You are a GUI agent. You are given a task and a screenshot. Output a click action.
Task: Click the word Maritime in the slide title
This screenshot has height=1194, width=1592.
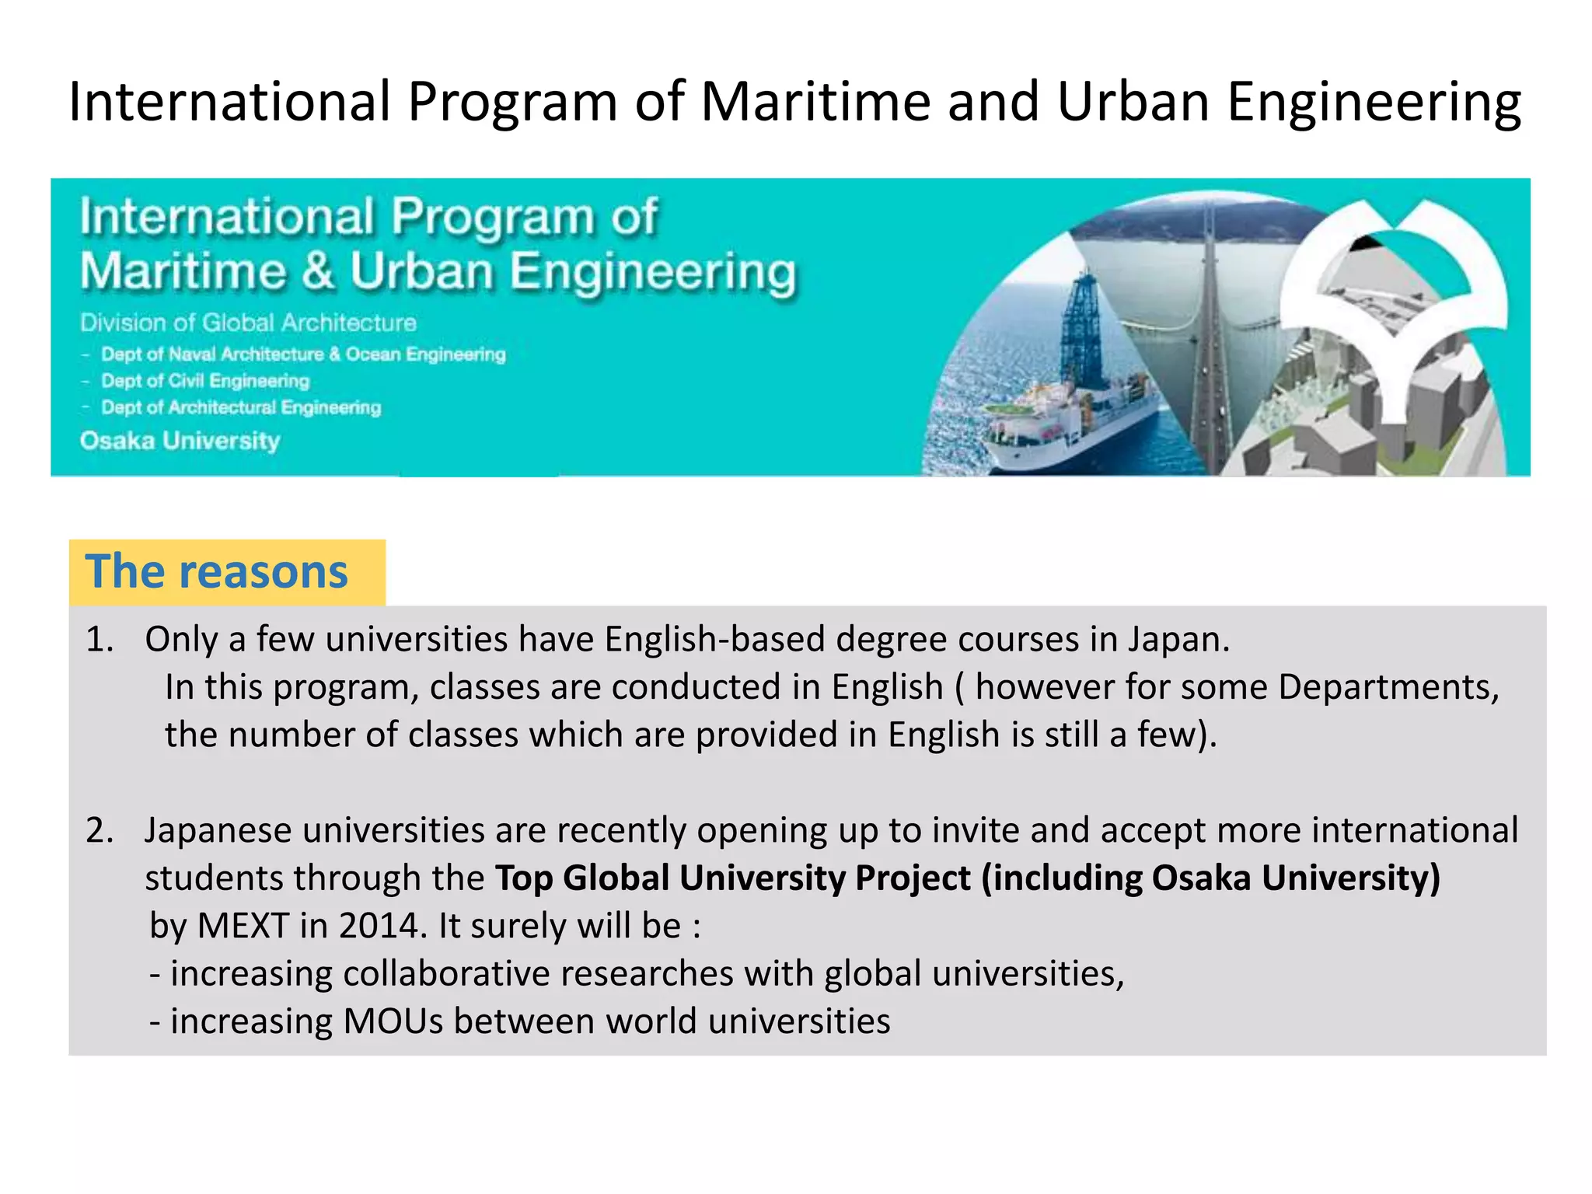pos(815,102)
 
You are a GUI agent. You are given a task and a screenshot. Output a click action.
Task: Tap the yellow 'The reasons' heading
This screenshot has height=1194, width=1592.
pos(217,572)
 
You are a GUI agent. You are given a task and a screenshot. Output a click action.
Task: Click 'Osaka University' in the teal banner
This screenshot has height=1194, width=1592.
pos(180,441)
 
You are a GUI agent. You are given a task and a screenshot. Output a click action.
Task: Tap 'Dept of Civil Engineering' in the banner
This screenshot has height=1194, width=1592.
pos(205,381)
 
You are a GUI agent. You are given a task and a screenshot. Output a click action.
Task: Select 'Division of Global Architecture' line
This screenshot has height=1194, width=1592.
pos(248,323)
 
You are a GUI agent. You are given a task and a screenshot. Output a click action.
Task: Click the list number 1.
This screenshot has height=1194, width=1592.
pos(99,640)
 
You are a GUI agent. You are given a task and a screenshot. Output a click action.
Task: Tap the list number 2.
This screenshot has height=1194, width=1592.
pos(99,831)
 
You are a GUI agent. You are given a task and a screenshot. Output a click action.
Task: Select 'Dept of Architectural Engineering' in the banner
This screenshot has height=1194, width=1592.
pos(241,407)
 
